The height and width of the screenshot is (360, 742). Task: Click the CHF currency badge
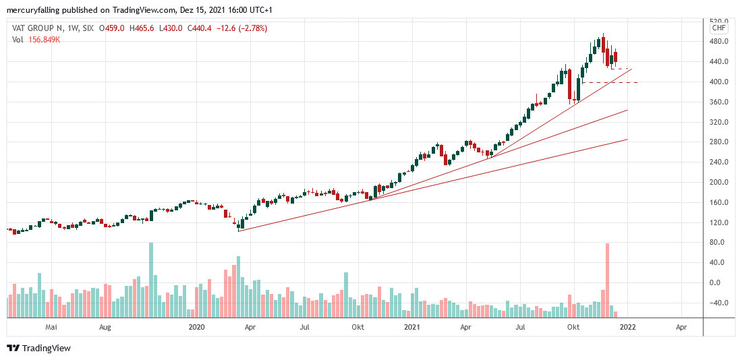[719, 28]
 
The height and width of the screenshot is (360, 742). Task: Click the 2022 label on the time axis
[628, 327]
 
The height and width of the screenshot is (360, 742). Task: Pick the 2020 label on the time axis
[196, 327]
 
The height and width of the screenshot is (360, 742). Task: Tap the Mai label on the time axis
[50, 327]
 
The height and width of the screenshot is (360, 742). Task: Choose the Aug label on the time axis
[105, 327]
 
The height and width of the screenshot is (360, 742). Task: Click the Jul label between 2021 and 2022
[520, 327]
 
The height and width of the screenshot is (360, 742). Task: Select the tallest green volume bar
[151, 280]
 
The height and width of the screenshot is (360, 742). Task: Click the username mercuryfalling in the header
[38, 10]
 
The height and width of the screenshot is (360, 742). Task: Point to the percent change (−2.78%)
[252, 28]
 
